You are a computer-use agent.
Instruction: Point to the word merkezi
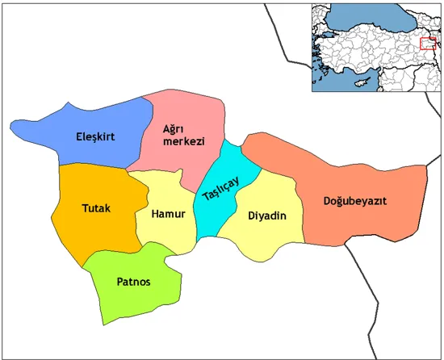point(182,141)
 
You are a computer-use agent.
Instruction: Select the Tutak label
point(96,208)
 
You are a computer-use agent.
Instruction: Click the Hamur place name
point(169,214)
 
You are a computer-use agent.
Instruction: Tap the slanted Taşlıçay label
point(220,190)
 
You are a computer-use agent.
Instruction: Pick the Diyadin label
point(267,216)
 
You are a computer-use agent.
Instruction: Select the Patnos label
point(133,282)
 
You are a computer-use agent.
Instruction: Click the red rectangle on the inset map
point(428,43)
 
